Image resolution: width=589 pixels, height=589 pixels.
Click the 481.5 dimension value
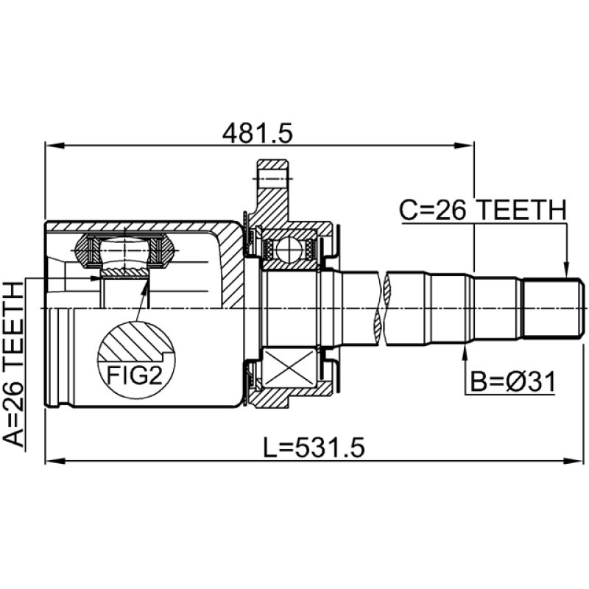[257, 133]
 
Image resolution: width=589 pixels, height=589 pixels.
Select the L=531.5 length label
[314, 448]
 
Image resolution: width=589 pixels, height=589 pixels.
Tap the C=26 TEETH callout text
[482, 210]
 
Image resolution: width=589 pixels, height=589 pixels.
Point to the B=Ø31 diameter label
[512, 382]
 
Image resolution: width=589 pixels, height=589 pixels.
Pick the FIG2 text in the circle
[135, 375]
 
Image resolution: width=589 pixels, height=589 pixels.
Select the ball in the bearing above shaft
[289, 250]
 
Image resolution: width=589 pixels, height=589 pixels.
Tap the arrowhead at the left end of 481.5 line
[54, 146]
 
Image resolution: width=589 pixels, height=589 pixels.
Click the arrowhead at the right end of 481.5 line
[464, 146]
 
